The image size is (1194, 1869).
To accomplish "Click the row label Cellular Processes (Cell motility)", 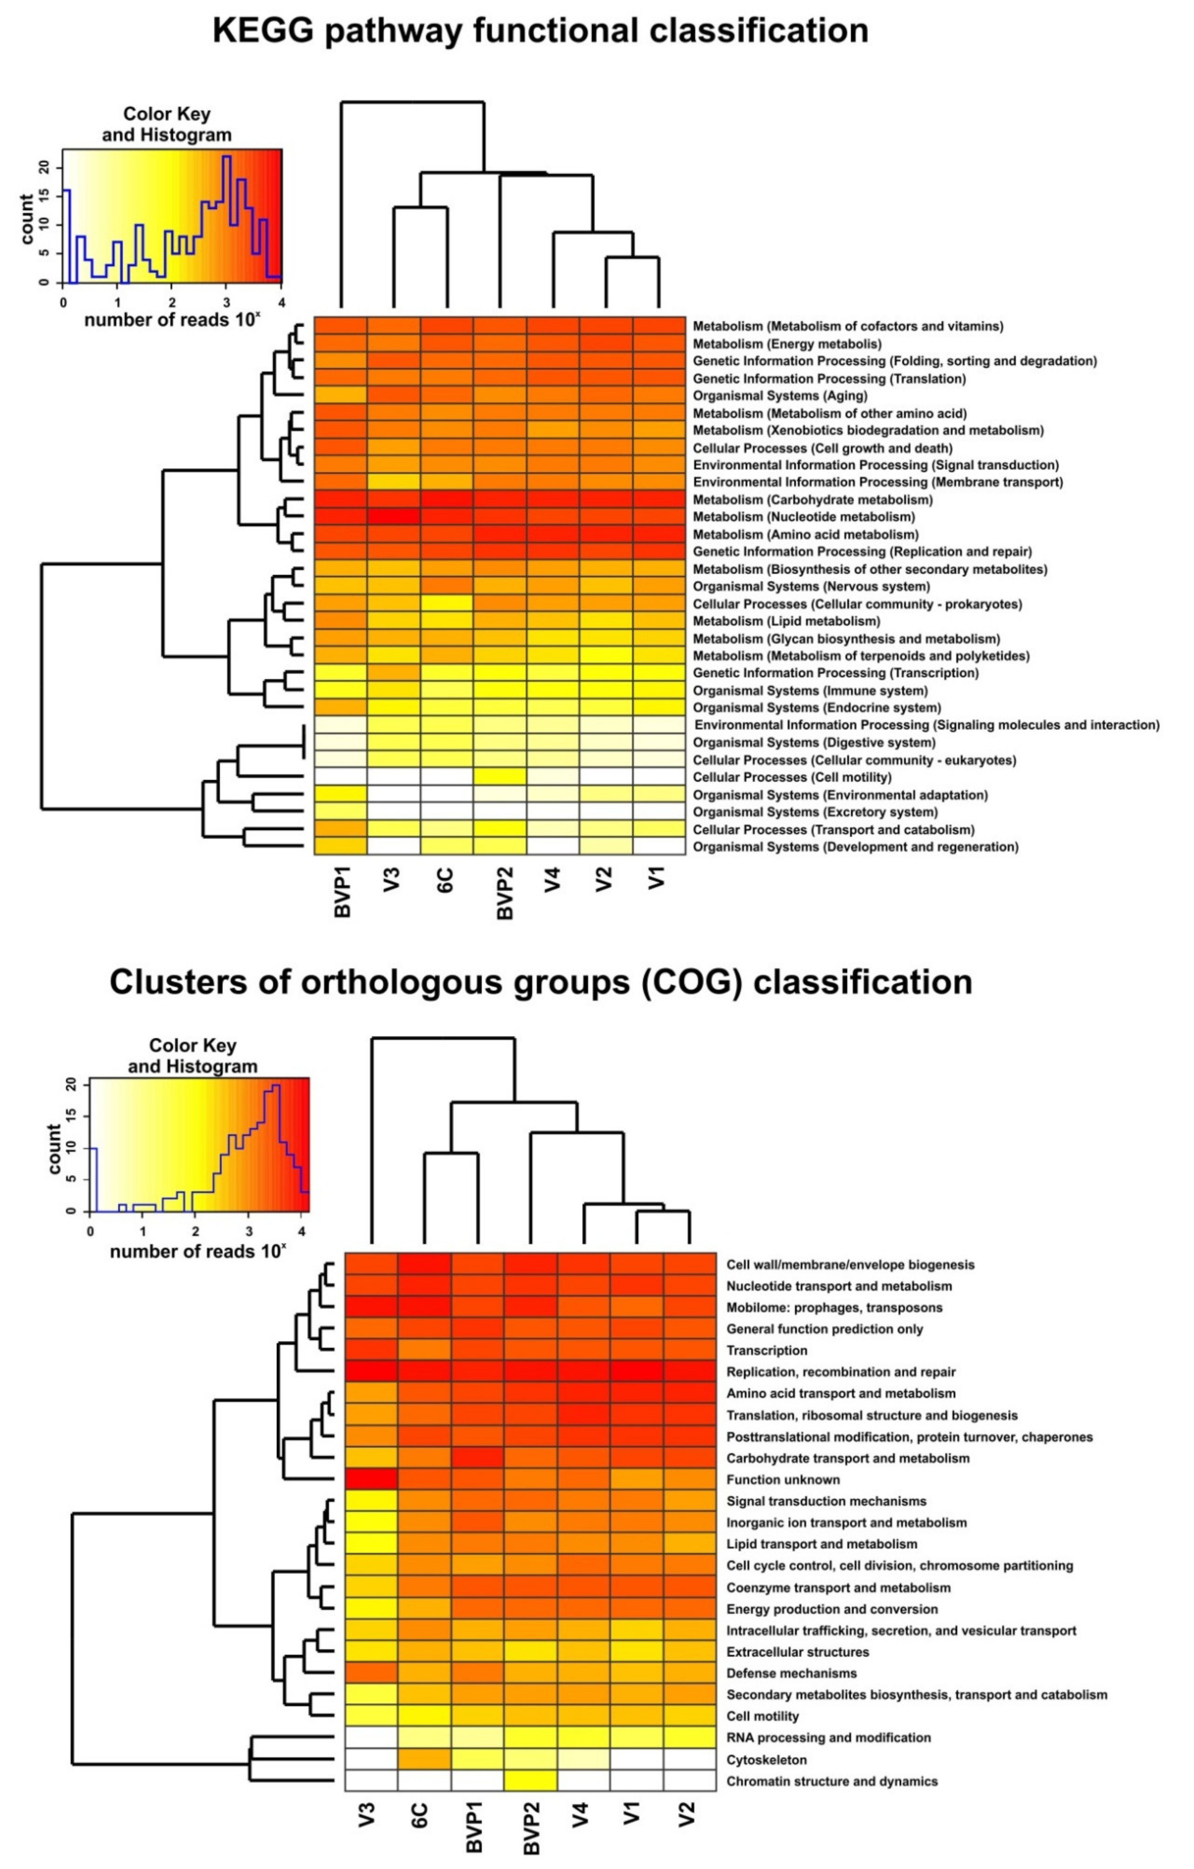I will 792,777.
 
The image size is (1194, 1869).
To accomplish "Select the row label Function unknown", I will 783,1479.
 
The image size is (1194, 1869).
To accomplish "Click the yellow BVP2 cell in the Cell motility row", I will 500,777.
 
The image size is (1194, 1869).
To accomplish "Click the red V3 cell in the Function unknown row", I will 371,1479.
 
